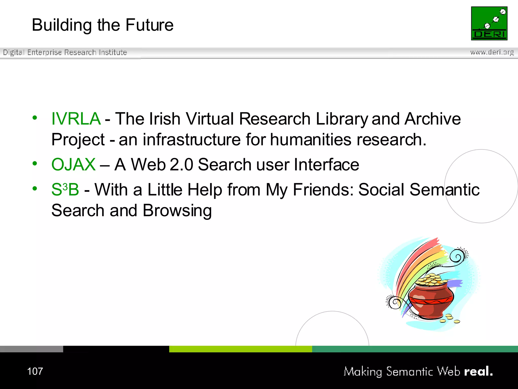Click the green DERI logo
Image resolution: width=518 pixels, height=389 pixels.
[x=489, y=23]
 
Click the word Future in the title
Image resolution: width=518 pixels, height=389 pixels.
[x=149, y=25]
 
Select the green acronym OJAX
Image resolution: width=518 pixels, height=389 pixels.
[x=73, y=164]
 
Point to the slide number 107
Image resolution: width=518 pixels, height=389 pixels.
[x=35, y=371]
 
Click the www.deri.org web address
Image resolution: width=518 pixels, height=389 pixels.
[x=492, y=52]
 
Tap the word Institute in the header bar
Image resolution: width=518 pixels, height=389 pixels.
[x=113, y=52]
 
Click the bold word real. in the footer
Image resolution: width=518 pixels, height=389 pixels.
[x=478, y=371]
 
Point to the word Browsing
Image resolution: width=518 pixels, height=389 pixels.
[x=177, y=211]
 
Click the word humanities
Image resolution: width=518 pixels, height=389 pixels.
[x=311, y=140]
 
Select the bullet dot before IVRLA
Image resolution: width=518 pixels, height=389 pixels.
[x=35, y=118]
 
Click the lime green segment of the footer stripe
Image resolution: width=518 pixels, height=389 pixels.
[x=240, y=349]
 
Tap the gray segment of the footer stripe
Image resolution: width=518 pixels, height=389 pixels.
[x=31, y=349]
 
